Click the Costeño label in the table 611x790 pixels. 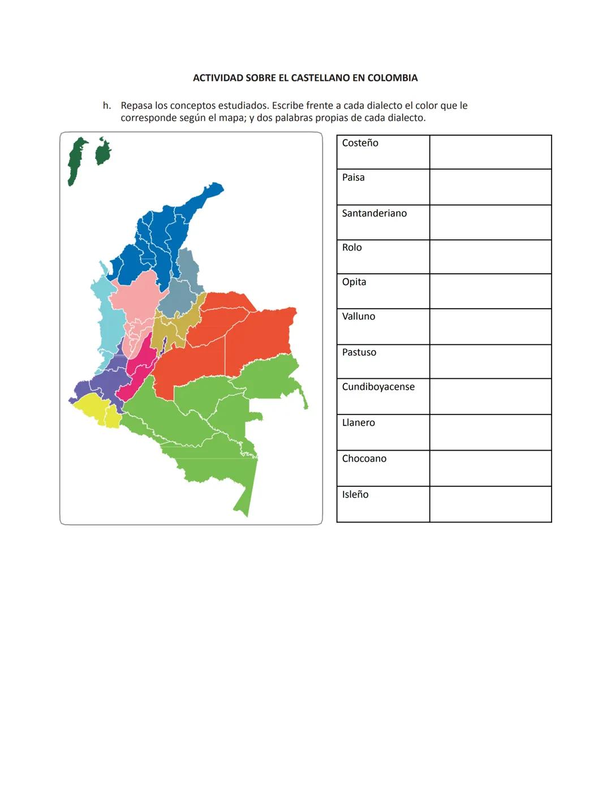point(360,143)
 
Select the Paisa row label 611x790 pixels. point(353,178)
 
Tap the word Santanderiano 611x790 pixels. point(374,213)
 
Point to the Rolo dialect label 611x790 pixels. point(351,248)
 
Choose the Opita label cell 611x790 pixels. point(354,282)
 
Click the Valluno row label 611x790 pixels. point(358,317)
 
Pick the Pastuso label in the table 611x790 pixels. point(359,352)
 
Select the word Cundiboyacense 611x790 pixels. point(378,387)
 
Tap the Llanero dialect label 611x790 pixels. point(358,423)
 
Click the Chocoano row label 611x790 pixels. point(364,459)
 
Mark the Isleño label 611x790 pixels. point(355,495)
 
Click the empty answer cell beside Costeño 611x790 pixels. point(490,152)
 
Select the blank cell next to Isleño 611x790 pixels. point(490,504)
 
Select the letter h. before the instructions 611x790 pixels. point(107,106)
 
